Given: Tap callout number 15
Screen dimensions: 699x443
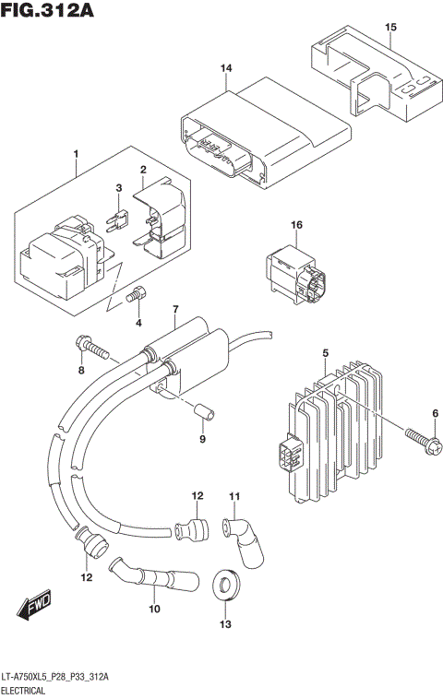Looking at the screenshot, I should (390, 28).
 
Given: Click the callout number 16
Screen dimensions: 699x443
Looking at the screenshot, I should (296, 225).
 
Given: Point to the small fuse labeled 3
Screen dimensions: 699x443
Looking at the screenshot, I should (117, 220).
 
